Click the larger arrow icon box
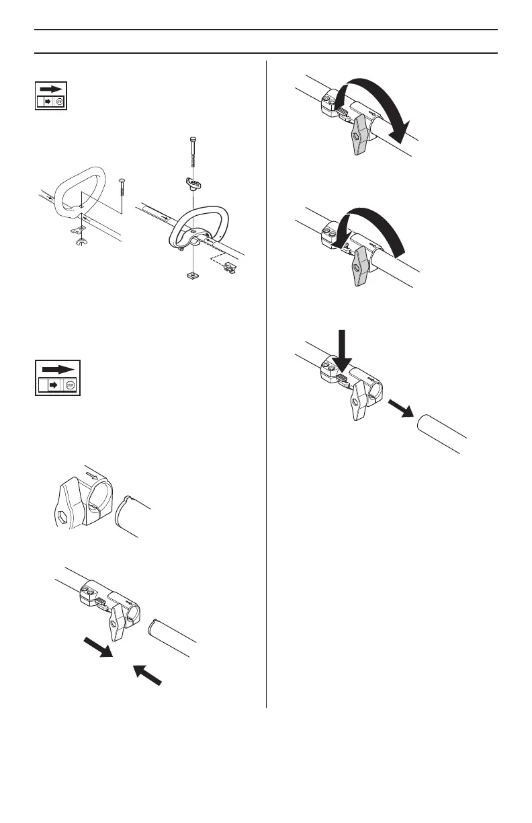coord(58,379)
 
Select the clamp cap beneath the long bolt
coord(193,182)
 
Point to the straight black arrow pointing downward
coord(342,349)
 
